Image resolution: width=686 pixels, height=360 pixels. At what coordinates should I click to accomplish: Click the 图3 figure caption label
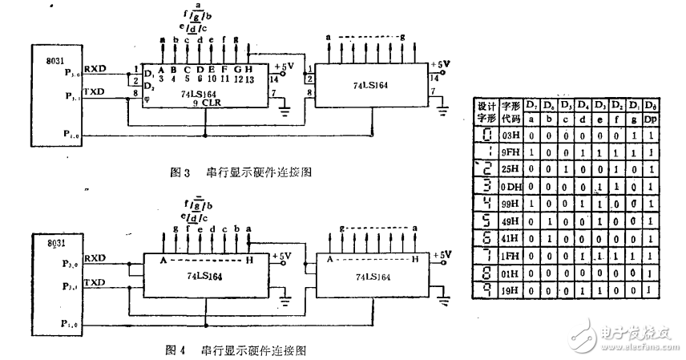pos(180,172)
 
